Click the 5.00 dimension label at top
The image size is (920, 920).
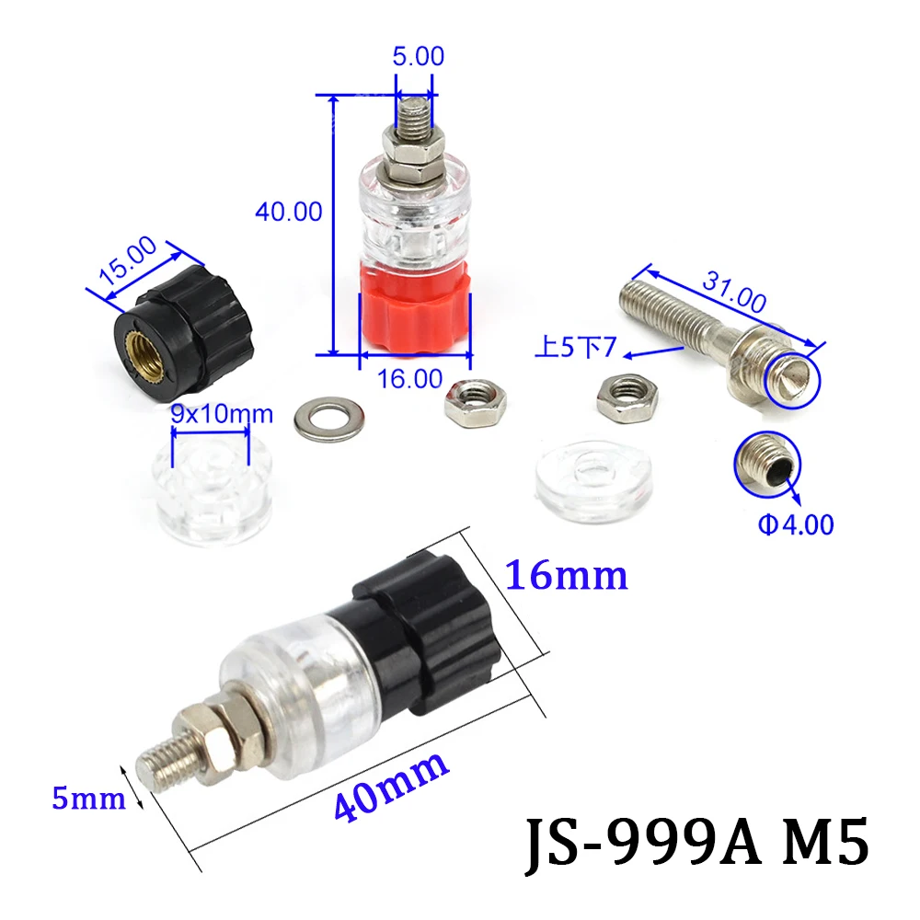(420, 56)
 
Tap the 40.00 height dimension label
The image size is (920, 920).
(288, 212)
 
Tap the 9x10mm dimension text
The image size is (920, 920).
(222, 415)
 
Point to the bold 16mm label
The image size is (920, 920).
(566, 576)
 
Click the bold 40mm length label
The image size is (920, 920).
(391, 786)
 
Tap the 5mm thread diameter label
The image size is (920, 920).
(88, 798)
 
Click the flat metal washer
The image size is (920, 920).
(328, 419)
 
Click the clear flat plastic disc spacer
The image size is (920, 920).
(594, 476)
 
